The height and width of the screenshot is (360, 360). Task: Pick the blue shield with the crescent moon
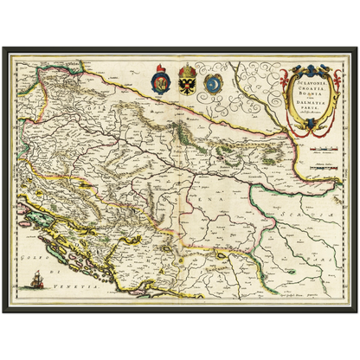[212, 83]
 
